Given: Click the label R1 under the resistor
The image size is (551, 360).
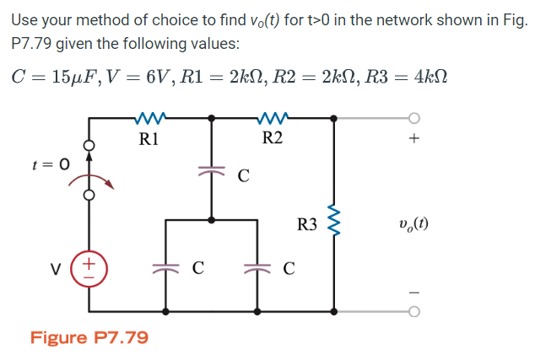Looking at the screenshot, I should (x=149, y=139).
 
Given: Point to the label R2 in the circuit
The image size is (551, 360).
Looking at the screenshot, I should (x=272, y=139).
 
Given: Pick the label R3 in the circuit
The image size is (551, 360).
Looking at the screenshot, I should (x=308, y=225).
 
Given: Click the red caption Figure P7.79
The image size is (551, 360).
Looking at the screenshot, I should (x=89, y=338).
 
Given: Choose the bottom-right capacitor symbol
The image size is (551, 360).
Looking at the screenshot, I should (x=257, y=270).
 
